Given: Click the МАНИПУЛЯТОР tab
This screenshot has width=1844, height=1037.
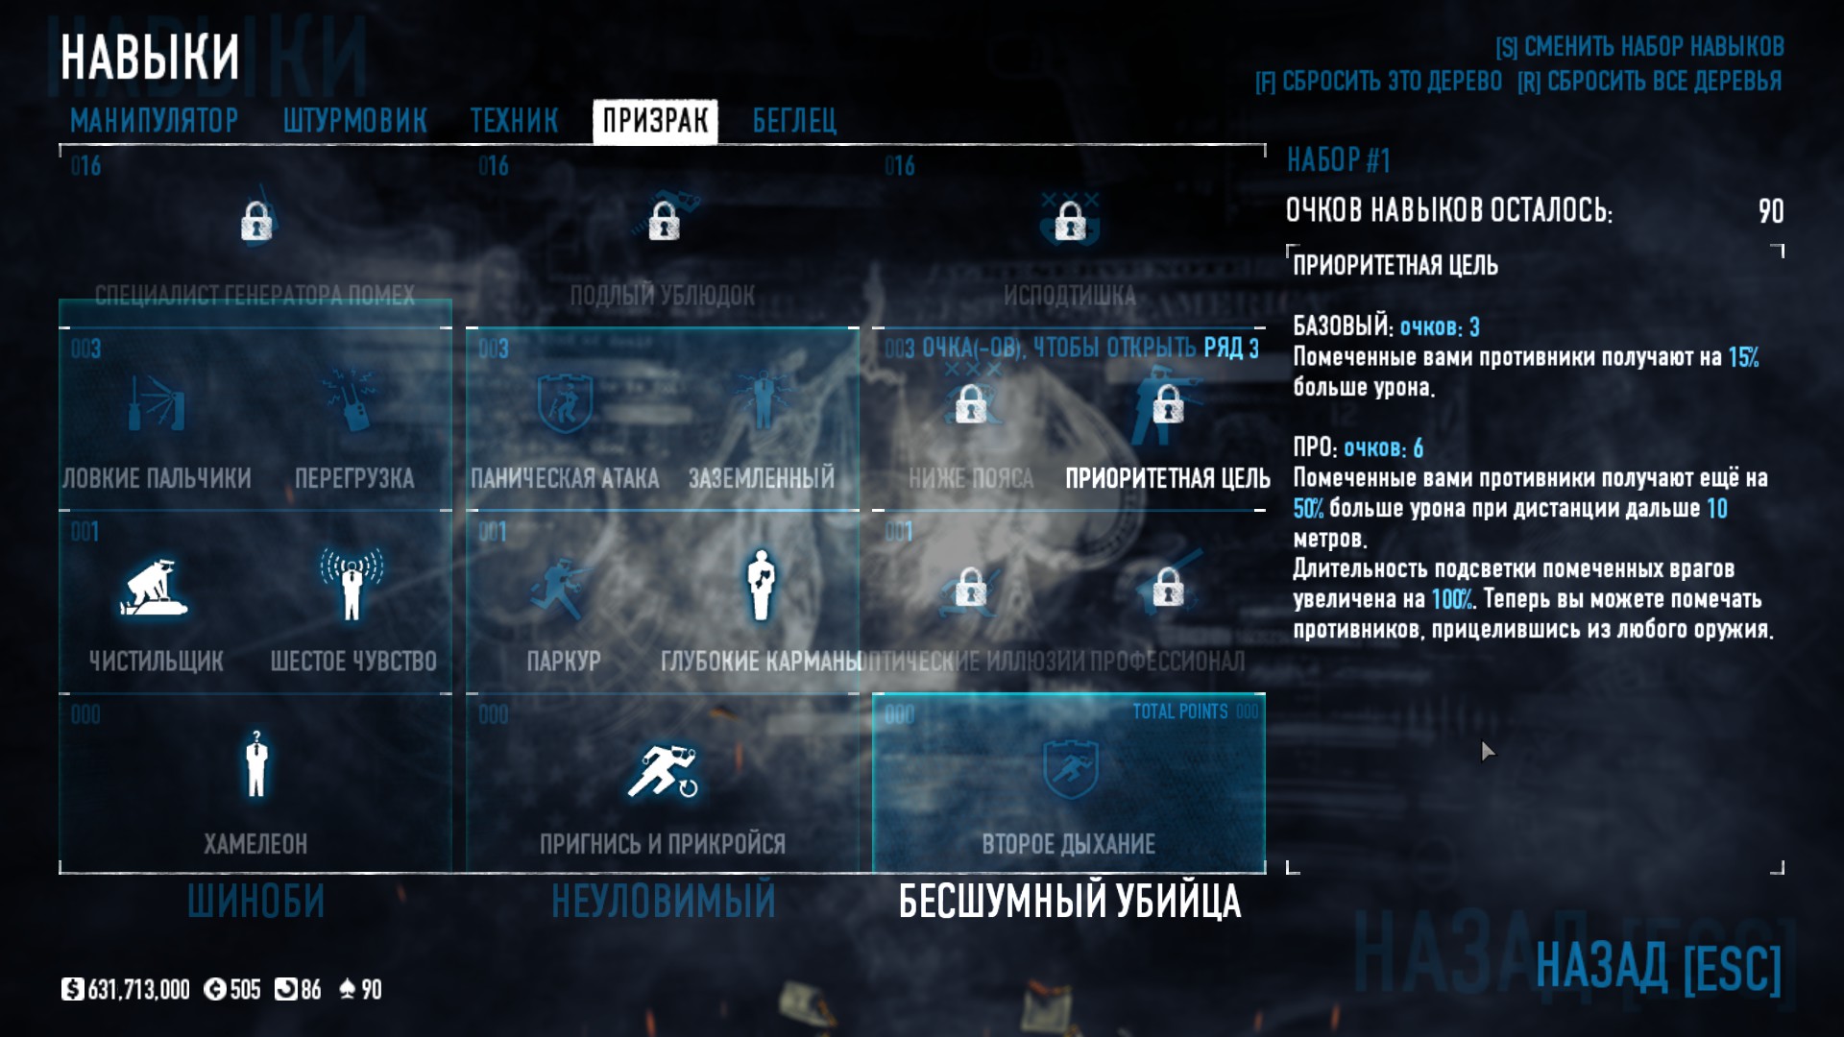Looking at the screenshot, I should tap(154, 121).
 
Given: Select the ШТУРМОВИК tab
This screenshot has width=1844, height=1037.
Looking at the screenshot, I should tap(354, 121).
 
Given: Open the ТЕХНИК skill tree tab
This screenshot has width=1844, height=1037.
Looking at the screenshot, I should tap(514, 121).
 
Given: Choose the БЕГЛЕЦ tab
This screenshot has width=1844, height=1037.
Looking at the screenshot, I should tap(794, 121).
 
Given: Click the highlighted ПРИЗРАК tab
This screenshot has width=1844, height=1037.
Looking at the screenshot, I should tap(655, 121).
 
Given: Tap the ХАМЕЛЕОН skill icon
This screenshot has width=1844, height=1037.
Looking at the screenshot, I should tap(255, 764).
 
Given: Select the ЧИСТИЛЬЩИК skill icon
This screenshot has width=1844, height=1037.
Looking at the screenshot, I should tap(155, 585).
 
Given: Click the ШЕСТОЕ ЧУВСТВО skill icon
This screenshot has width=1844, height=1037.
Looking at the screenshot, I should tap(352, 583).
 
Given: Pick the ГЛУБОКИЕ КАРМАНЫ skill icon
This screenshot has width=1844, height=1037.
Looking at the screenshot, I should tap(761, 583).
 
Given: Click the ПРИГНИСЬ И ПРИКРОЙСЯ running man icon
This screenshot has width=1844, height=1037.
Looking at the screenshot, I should tap(663, 770).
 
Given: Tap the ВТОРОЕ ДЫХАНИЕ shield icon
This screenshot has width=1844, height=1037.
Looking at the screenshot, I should tap(1069, 768).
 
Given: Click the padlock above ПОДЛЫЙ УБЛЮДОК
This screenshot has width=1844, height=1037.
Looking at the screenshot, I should tap(663, 222).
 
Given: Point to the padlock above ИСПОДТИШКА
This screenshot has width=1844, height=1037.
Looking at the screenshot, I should tap(1069, 222).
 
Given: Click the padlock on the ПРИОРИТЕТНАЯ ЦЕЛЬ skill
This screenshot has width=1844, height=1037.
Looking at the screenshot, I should tap(1168, 404).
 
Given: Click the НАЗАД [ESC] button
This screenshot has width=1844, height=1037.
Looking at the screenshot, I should tap(1658, 967).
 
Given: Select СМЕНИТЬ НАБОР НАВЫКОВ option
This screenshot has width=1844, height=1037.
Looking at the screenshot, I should tap(1639, 46).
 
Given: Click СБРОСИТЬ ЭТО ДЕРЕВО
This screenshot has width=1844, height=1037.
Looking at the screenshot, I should tap(1378, 82).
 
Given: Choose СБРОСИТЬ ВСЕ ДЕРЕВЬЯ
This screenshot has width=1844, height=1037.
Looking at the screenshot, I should tap(1649, 82).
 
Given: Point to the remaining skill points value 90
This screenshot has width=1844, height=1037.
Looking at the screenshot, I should tap(1770, 211).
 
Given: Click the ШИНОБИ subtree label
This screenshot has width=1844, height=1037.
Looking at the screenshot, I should tap(255, 902).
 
